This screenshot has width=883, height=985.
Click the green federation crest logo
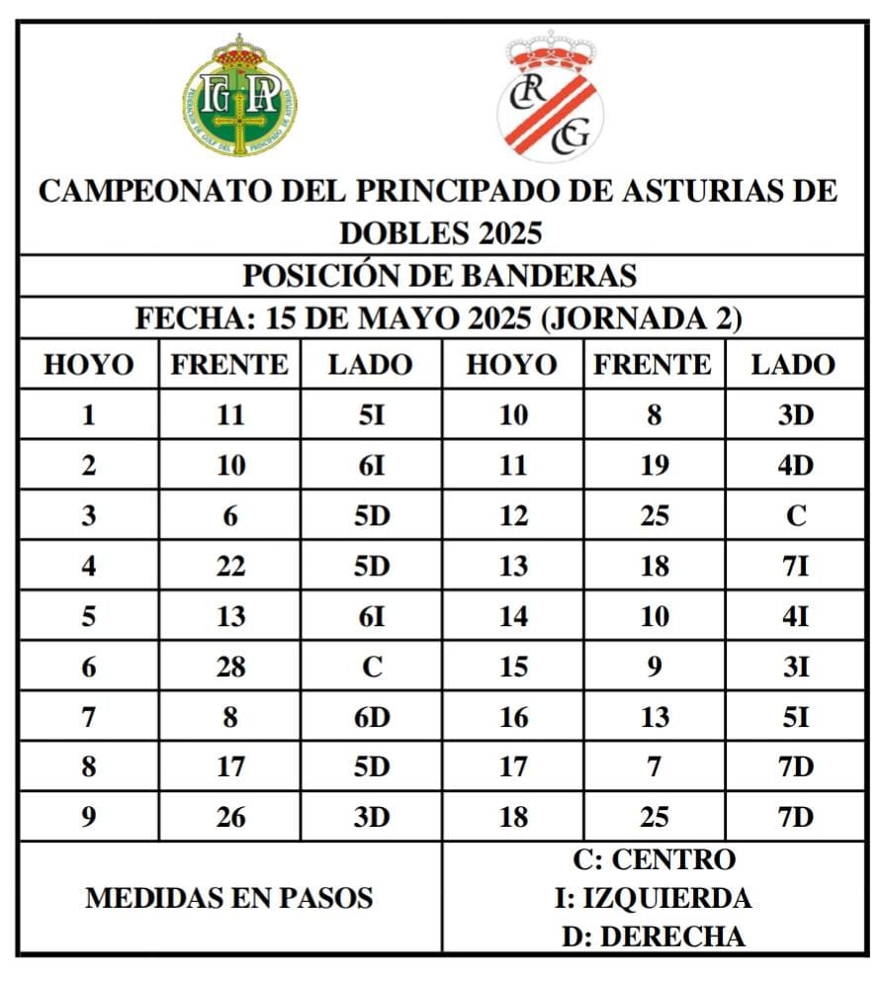point(239,96)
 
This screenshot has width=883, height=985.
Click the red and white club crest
point(551,96)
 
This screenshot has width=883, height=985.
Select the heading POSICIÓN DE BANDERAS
point(440,276)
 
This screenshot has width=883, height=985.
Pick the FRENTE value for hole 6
point(230,668)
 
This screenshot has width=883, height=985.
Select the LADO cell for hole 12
point(795,516)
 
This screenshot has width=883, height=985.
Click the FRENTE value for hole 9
point(230,818)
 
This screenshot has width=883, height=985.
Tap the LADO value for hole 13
point(795,567)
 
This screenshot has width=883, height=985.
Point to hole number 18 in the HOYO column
point(512,818)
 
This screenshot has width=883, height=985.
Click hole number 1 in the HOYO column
point(89,415)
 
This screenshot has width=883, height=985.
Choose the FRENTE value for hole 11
point(655,466)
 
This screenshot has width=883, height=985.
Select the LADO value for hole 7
point(372,717)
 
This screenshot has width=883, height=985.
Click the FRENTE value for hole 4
point(230,567)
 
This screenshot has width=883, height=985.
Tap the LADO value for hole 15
point(795,668)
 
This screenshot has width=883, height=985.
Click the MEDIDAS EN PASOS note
point(229,898)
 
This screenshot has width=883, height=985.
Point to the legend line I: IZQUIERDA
point(654,898)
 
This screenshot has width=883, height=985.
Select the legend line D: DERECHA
point(654,936)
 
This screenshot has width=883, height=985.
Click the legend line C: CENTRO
point(654,860)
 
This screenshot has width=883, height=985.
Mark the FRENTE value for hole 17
point(655,767)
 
